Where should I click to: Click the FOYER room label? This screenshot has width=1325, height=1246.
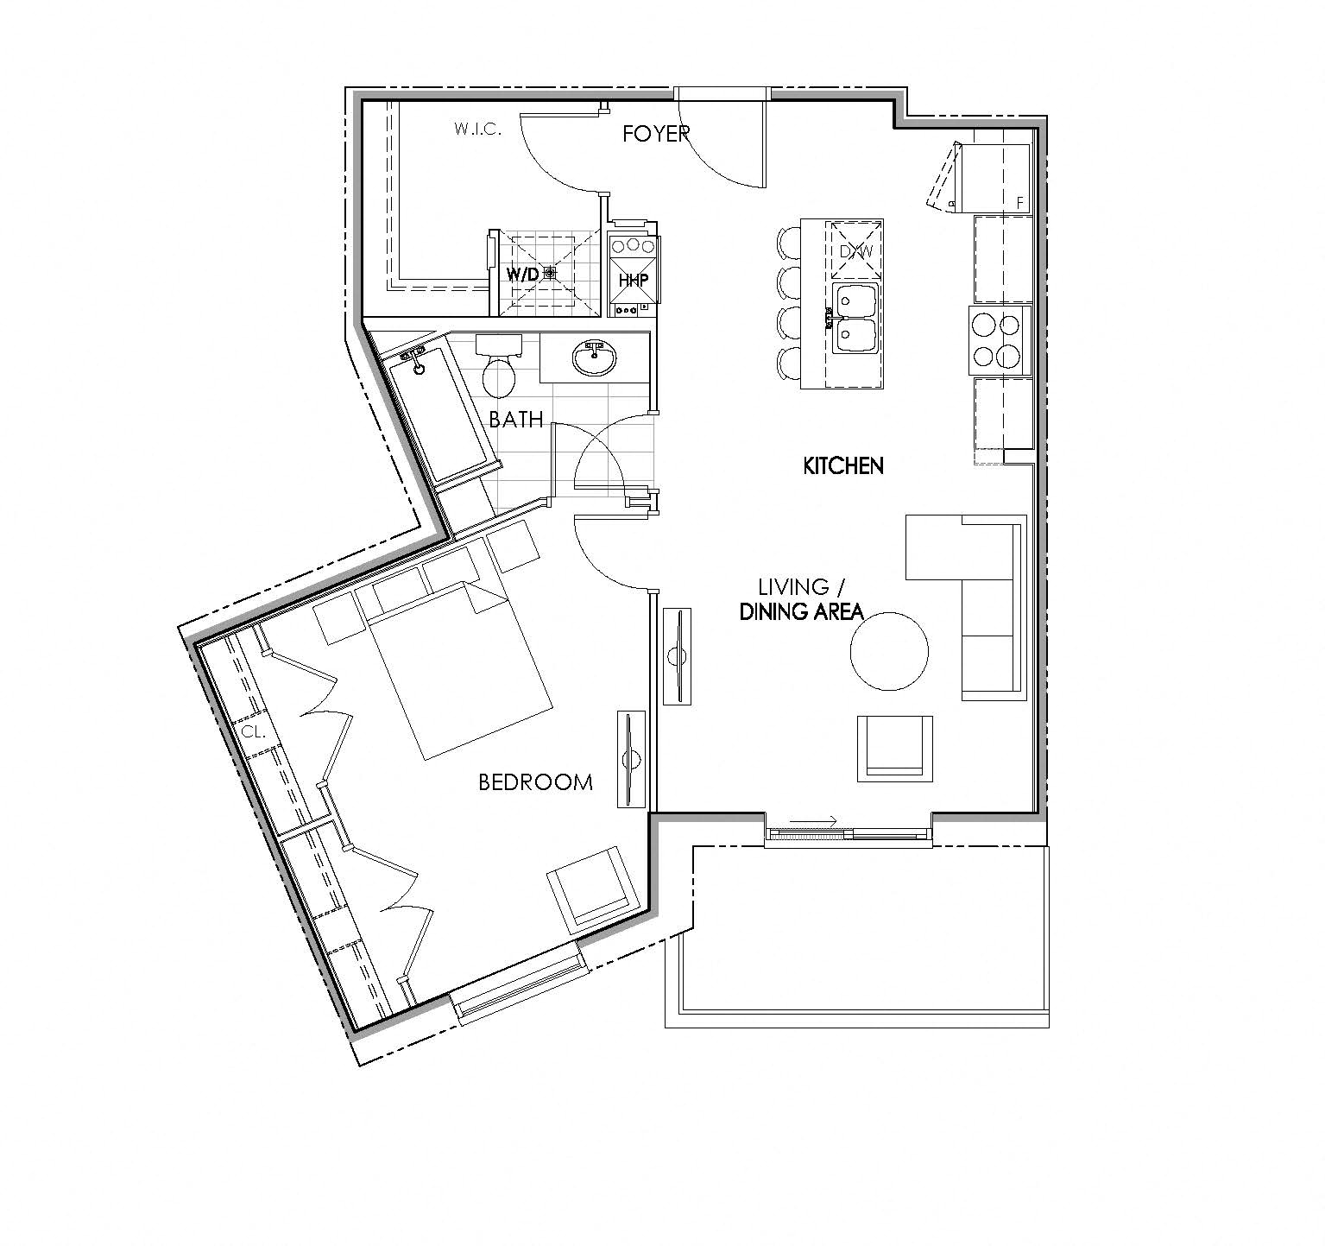coord(656,133)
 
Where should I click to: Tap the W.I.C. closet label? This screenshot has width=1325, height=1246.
coord(477,130)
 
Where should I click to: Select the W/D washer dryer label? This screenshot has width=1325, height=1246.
coord(523,274)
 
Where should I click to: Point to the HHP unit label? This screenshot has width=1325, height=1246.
coord(633,281)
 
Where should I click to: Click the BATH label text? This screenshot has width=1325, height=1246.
coord(515,420)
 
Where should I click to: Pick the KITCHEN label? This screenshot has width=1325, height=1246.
coord(842,466)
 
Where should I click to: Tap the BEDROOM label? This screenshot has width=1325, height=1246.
coord(535,782)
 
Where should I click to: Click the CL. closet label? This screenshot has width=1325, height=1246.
coord(252,731)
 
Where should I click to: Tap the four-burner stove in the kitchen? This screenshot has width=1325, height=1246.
coord(998,340)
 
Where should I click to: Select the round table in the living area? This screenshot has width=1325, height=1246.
coord(889,650)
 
